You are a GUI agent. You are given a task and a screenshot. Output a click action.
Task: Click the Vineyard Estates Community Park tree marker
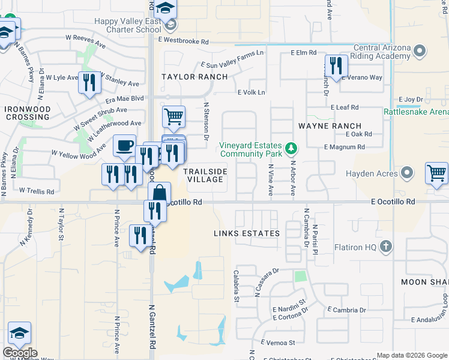point(291,148)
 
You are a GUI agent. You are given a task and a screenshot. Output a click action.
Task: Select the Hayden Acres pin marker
point(408,173)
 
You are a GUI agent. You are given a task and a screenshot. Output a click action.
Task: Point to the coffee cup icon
point(124,145)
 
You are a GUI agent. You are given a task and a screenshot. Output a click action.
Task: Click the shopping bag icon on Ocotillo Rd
point(159,193)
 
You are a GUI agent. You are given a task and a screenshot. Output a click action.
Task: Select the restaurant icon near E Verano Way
point(335,66)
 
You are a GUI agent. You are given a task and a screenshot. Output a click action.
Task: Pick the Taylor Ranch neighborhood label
point(195,77)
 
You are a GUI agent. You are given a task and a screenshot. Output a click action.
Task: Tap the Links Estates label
point(247,233)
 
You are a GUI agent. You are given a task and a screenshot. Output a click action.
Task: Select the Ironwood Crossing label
point(27,113)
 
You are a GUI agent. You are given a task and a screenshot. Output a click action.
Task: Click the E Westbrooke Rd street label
point(183,42)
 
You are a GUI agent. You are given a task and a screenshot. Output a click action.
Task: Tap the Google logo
point(20,353)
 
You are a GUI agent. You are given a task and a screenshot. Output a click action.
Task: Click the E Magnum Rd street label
point(344,147)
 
